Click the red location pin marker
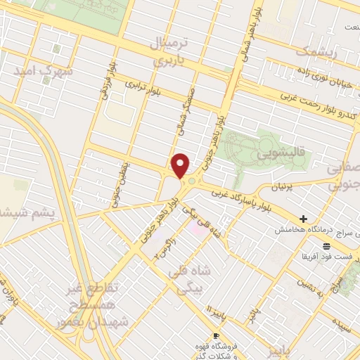click(181, 165)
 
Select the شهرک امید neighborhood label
click(41, 72)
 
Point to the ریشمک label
click(316, 53)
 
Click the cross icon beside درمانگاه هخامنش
click(303, 219)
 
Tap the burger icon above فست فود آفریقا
click(326, 245)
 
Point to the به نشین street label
click(309, 286)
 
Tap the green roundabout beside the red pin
click(191, 181)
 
